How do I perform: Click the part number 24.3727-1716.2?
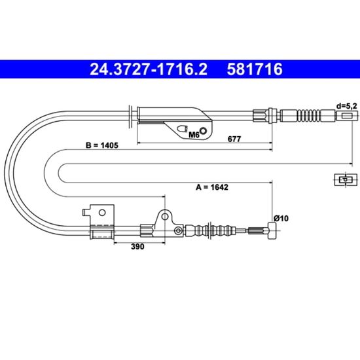[x=149, y=69]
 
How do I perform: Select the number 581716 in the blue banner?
[x=255, y=69]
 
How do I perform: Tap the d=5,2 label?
[x=347, y=106]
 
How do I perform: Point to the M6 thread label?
[x=194, y=135]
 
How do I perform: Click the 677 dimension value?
[x=234, y=139]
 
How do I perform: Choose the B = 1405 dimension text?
[x=102, y=145]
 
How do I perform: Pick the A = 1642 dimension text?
[x=212, y=187]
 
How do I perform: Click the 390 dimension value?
[x=137, y=246]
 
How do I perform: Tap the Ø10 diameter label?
[x=281, y=218]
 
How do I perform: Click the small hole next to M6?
[x=203, y=131]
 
